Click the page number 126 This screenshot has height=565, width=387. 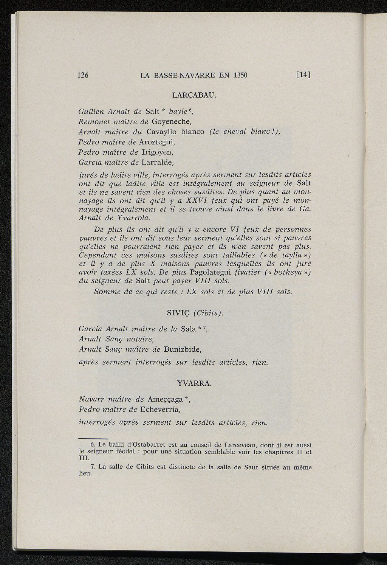click(82, 75)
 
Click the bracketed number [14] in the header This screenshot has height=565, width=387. click(303, 75)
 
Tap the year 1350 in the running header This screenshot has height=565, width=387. click(240, 75)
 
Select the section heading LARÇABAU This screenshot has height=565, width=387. click(193, 95)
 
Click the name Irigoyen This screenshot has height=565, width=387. click(156, 152)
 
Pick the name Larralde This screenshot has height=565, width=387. click(157, 163)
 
